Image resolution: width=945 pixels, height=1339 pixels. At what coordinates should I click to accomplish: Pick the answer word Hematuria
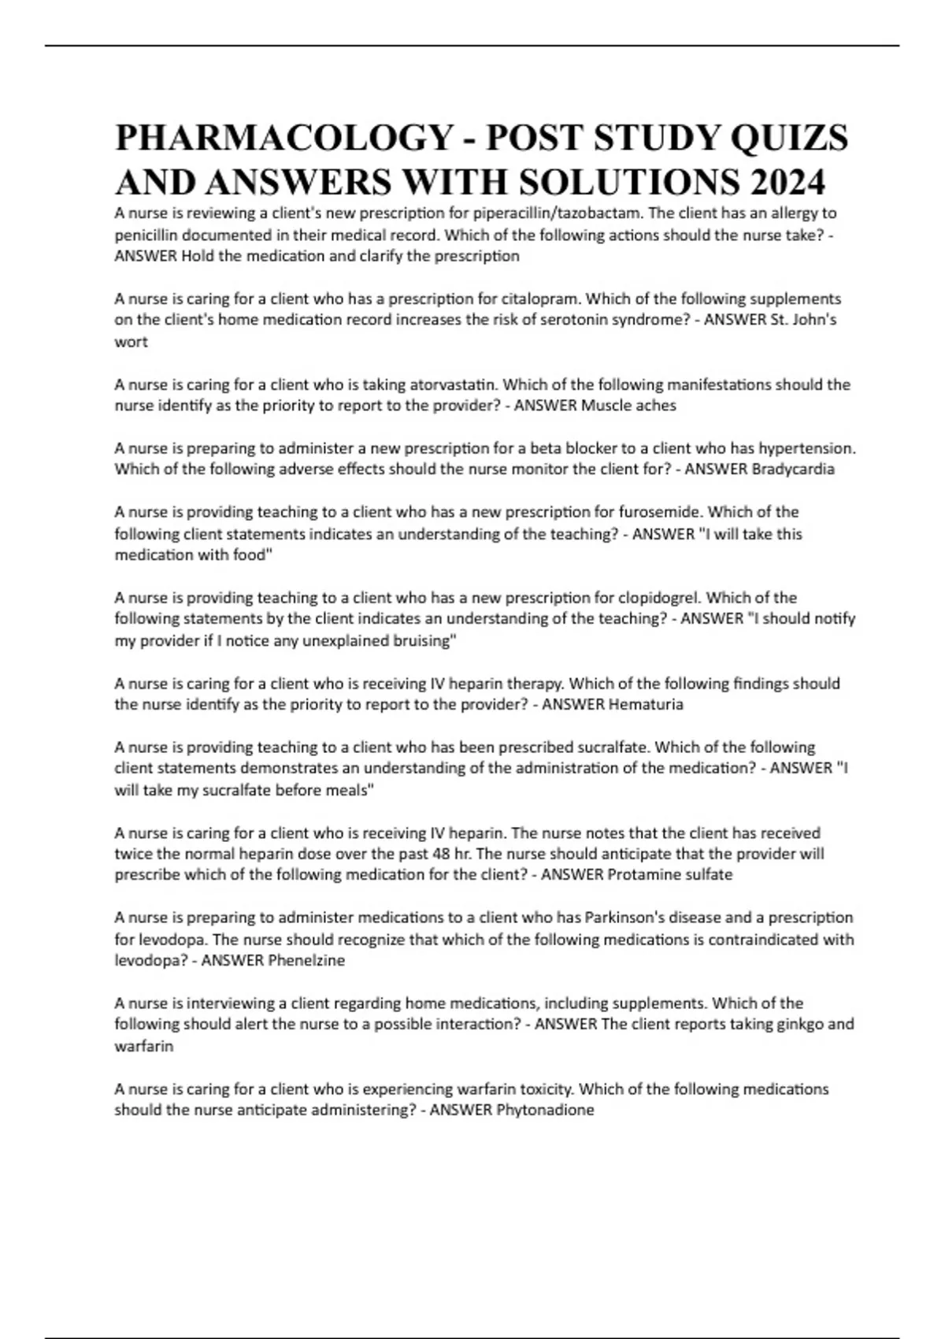(x=646, y=705)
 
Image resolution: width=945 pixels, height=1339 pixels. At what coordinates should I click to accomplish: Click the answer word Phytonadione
(x=545, y=1111)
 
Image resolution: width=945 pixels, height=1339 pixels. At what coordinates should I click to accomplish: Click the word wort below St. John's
(x=131, y=343)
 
